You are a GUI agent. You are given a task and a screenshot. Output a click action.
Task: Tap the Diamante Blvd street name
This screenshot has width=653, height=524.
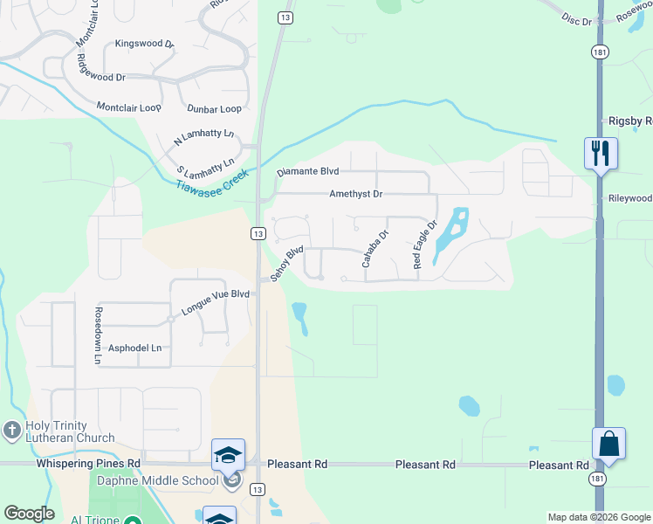point(307,172)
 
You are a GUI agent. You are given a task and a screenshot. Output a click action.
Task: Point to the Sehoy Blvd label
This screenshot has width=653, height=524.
point(286,263)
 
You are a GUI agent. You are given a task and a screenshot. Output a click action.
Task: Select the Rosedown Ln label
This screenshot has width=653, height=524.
point(99,335)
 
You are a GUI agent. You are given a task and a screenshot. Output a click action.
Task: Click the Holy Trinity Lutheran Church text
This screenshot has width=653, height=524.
point(70,431)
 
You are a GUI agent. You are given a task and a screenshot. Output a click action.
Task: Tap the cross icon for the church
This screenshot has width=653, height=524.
point(11,430)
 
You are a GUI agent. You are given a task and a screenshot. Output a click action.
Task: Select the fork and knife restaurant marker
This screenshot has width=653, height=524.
point(601,154)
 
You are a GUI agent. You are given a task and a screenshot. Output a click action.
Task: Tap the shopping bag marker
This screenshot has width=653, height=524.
point(608,444)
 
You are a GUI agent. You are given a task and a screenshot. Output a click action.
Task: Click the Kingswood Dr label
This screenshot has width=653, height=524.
point(144,43)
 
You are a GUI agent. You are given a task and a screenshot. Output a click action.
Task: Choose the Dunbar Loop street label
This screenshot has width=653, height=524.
point(214,109)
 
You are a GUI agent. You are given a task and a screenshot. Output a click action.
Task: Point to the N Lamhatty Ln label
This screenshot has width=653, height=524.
point(204,137)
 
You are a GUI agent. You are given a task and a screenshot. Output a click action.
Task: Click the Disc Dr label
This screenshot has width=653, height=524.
point(577,17)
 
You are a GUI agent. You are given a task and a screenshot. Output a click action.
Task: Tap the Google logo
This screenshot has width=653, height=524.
point(29,514)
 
